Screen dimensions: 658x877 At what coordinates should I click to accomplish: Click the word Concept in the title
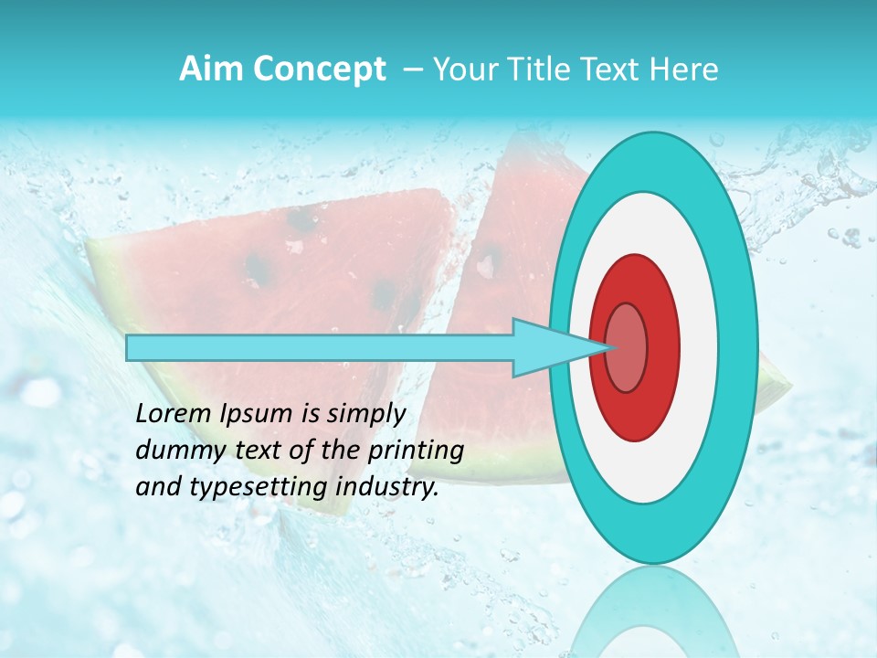319,69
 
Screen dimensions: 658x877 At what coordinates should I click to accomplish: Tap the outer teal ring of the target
736,348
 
